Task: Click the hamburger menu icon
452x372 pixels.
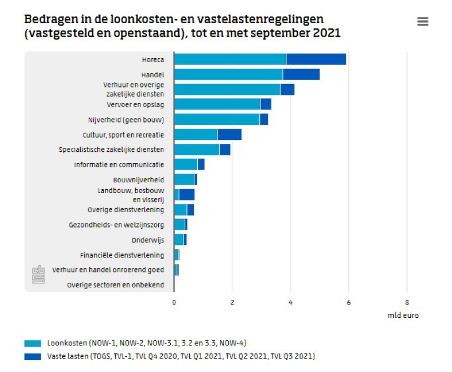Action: point(423,21)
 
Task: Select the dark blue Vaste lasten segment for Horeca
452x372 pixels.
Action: point(316,59)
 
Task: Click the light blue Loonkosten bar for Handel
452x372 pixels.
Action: point(228,75)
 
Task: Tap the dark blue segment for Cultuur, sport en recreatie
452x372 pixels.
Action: point(229,134)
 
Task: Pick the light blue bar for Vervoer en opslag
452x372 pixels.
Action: point(217,104)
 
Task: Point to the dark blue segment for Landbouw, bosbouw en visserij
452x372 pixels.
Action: point(186,195)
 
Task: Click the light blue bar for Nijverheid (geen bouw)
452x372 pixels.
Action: point(216,119)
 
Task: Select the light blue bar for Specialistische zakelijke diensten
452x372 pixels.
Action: point(197,150)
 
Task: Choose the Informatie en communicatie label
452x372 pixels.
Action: point(119,165)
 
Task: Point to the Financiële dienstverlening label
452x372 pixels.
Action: point(121,255)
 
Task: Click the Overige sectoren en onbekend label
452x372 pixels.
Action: point(115,285)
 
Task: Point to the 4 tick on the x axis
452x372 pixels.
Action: point(290,302)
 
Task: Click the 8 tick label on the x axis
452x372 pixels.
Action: point(407,302)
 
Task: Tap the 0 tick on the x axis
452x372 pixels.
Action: point(174,302)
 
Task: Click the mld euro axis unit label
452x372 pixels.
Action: point(403,315)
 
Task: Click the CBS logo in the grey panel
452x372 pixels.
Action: point(38,275)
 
